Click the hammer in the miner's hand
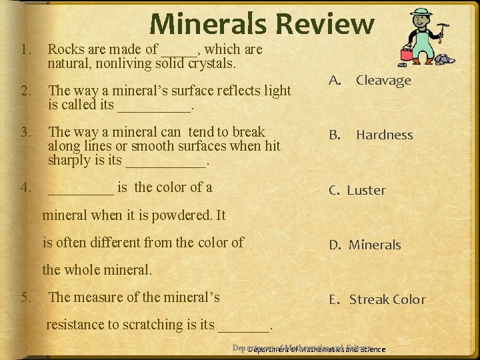tap(441, 28)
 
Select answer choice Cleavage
tap(383, 81)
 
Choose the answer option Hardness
tap(384, 135)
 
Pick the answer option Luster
tap(366, 191)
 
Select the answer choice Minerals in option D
tap(375, 245)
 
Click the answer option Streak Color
tap(387, 300)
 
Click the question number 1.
tap(26, 49)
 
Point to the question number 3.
tap(26, 132)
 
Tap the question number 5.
tap(26, 297)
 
